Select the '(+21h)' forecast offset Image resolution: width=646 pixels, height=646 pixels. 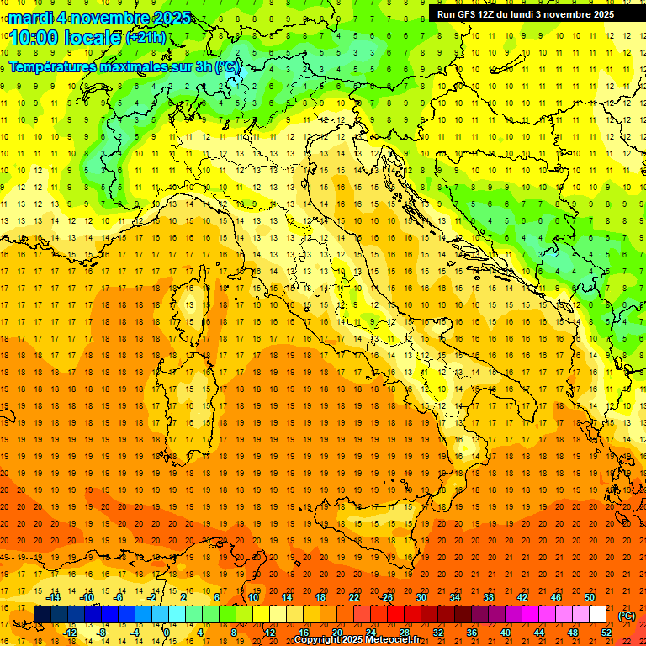pyautogui.click(x=145, y=37)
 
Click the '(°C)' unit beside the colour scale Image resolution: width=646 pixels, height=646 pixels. pyautogui.click(x=627, y=616)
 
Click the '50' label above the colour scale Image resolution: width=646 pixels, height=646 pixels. pyautogui.click(x=590, y=597)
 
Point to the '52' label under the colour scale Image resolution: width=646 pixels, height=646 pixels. pyautogui.click(x=606, y=633)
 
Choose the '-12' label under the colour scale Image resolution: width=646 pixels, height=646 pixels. pyautogui.click(x=70, y=633)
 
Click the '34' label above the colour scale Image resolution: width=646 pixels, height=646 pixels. pyautogui.click(x=454, y=597)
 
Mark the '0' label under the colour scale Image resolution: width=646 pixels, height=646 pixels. pyautogui.click(x=167, y=633)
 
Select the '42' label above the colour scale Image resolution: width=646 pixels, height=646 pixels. pyautogui.click(x=522, y=597)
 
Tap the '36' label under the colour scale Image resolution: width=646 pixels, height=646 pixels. pyautogui.click(x=471, y=633)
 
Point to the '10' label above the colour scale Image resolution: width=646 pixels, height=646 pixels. pyautogui.click(x=252, y=597)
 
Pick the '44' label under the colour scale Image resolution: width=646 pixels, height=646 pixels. pyautogui.click(x=538, y=633)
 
